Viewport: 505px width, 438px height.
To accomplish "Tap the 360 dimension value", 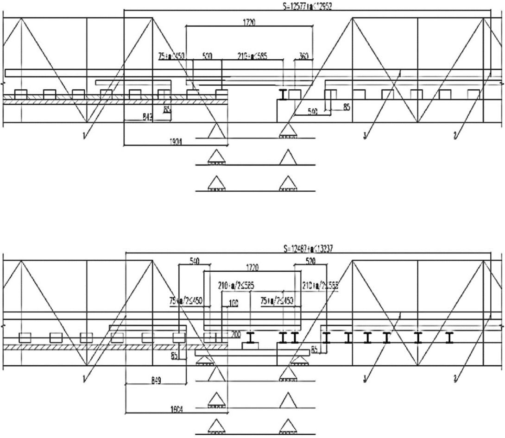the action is coord(304,56).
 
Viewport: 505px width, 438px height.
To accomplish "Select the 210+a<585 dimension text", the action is coord(249,56).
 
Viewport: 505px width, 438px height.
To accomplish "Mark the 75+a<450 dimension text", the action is coord(171,56).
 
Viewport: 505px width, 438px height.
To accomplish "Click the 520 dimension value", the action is coord(310,262).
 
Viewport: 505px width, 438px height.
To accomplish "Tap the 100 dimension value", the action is coord(233,304).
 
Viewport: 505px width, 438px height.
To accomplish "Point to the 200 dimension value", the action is coord(236,334).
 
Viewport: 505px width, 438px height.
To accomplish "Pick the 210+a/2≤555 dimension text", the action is coord(320,286).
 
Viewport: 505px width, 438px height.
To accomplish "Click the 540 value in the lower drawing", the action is coord(194,262).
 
